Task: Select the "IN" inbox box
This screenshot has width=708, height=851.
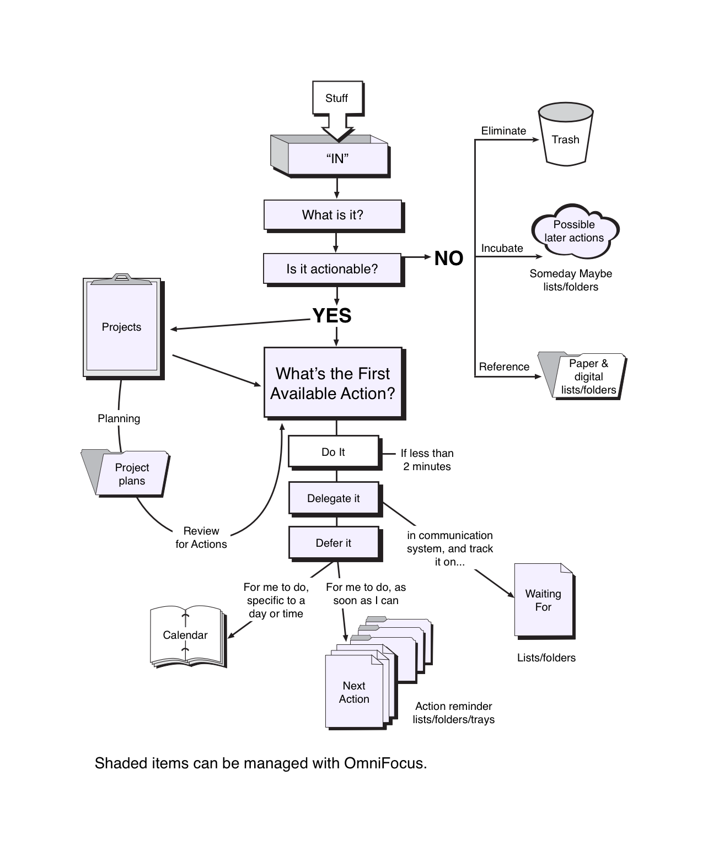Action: (337, 159)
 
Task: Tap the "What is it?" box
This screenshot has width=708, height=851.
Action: (332, 215)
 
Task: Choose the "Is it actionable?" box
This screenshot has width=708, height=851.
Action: (332, 269)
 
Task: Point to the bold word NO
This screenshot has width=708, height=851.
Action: (448, 258)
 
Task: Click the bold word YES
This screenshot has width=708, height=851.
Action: (332, 315)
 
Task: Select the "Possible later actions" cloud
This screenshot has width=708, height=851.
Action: (574, 231)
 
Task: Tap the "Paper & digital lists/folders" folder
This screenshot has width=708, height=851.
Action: (588, 376)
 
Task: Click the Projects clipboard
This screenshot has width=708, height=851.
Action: (122, 327)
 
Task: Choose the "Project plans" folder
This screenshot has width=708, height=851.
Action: (131, 474)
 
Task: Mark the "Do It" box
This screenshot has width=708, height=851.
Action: (333, 452)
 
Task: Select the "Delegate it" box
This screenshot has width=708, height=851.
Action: (333, 498)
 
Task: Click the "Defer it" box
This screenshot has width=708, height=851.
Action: (333, 543)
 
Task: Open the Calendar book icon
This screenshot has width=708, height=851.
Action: (186, 635)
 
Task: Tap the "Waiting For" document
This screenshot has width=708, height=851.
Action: (543, 600)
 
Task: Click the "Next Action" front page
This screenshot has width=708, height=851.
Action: (354, 692)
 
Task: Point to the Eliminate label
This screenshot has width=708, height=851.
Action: (503, 131)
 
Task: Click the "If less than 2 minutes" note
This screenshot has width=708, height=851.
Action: (427, 460)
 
